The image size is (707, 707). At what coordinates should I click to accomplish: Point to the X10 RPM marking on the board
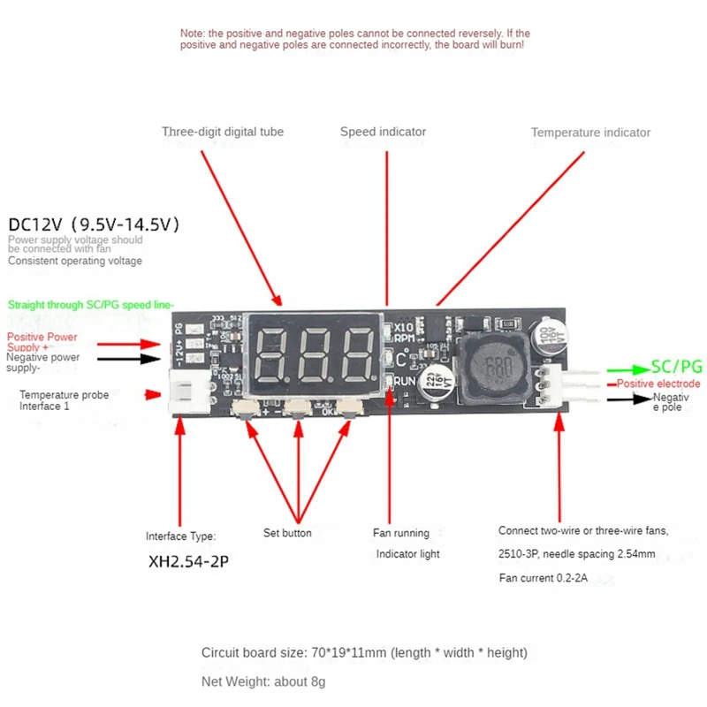click(405, 331)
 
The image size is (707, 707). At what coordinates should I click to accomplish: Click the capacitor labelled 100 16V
click(544, 338)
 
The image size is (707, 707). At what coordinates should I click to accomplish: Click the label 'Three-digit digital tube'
click(223, 132)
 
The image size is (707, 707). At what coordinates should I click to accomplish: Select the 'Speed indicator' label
click(383, 132)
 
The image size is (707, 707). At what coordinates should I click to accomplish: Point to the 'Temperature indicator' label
click(590, 133)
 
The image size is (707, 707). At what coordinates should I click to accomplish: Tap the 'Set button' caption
click(287, 533)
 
